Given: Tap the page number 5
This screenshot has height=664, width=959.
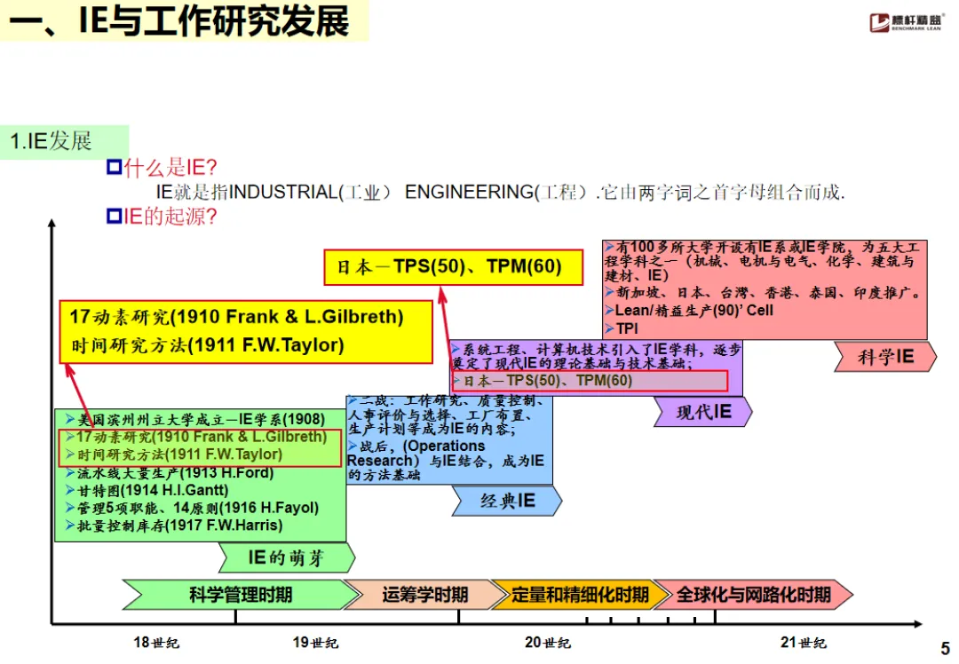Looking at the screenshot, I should click(x=944, y=649).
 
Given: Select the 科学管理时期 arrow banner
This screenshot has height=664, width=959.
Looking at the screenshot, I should click(x=233, y=594).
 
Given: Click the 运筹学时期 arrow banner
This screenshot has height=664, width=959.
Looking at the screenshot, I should click(x=423, y=594).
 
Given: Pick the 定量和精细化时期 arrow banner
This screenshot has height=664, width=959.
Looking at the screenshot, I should click(x=579, y=594).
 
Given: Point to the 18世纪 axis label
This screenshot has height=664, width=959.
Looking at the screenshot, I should click(x=155, y=642).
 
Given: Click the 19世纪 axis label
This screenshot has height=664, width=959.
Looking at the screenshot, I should click(x=315, y=642).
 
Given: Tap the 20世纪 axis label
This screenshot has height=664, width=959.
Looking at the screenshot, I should click(x=548, y=642).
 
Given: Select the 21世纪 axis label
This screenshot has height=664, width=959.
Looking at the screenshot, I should click(x=804, y=642).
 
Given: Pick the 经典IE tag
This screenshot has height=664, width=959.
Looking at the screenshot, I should click(x=507, y=501).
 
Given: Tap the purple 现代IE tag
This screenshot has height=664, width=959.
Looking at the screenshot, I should click(x=702, y=412).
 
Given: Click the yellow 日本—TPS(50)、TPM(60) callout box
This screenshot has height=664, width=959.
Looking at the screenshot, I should click(x=453, y=267).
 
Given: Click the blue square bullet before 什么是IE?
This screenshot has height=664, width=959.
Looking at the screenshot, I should click(x=113, y=167).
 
